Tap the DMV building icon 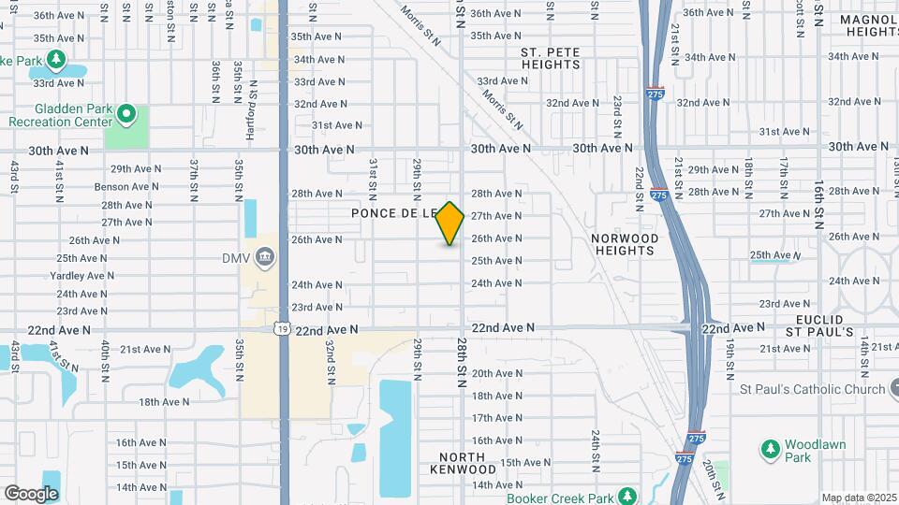coord(265,257)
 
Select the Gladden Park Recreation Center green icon coord(127,116)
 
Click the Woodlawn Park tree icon coord(771,451)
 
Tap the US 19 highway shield coord(282,329)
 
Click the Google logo coord(31,494)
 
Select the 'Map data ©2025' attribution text coord(858,498)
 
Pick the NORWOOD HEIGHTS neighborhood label coord(625,244)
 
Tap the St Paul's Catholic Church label coord(812,390)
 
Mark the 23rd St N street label coord(617,110)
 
